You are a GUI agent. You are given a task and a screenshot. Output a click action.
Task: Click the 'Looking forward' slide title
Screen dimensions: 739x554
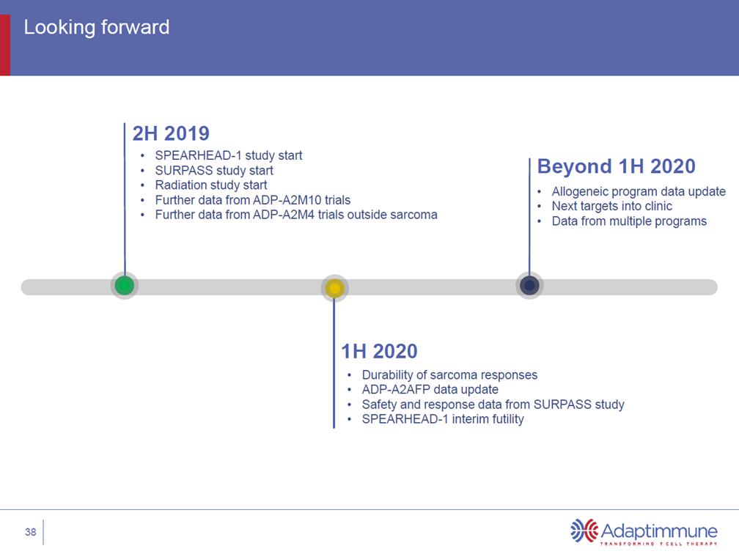97,27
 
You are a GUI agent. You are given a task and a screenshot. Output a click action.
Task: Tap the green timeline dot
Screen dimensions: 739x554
125,285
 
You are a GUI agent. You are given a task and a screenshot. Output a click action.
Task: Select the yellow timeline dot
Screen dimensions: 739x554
334,288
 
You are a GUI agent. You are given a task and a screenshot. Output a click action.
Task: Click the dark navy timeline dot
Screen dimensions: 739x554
529,285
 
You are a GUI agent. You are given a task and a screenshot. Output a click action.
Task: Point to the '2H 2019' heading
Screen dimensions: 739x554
171,133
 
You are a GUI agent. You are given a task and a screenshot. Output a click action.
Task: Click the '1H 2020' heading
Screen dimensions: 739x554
379,351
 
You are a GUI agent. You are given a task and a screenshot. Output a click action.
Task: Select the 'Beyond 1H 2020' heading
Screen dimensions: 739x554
616,166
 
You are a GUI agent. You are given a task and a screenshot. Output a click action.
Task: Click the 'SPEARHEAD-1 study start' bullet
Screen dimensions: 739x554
229,155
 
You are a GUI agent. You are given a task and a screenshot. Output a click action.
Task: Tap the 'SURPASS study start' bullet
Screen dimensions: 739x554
214,170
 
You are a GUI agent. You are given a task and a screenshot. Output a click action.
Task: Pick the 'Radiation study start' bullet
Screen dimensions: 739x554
211,185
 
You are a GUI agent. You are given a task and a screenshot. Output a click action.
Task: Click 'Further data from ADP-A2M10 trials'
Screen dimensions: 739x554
253,200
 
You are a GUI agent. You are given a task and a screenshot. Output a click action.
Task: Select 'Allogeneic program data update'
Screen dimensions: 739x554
639,191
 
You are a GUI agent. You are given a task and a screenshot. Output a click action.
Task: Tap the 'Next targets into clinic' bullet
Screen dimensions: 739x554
611,206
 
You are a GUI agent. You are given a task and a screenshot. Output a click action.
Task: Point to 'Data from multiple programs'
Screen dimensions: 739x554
629,221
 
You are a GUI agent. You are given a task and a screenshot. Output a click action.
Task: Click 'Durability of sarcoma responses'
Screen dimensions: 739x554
449,374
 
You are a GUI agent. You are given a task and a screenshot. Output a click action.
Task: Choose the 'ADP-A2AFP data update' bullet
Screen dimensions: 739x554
430,390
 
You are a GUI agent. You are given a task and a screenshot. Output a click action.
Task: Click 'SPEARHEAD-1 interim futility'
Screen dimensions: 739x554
443,419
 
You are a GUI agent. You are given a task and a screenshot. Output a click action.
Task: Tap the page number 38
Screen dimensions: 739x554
31,532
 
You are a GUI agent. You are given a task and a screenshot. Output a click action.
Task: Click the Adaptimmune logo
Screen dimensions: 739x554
644,532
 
